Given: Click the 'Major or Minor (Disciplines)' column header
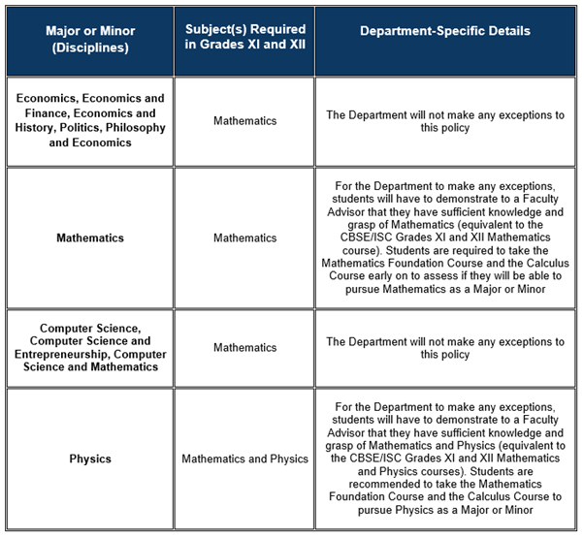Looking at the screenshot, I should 90,39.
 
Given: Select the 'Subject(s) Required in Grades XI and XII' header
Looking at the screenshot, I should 243,39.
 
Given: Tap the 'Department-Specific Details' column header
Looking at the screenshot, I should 445,31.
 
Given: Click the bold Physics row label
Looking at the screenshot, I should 90,459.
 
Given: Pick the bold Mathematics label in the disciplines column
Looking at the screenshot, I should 90,237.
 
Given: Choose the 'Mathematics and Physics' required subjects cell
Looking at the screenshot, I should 244,459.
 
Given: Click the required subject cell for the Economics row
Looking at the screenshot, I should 244,121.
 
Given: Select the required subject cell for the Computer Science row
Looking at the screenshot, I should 244,347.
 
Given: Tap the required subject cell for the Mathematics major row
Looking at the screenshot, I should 244,237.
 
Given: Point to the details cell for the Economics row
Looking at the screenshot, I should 445,121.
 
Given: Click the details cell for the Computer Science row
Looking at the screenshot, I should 445,347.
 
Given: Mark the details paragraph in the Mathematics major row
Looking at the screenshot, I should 445,237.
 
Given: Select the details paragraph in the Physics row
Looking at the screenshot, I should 445,459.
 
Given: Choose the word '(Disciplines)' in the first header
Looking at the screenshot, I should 90,47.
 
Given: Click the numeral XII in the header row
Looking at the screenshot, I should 295,47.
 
